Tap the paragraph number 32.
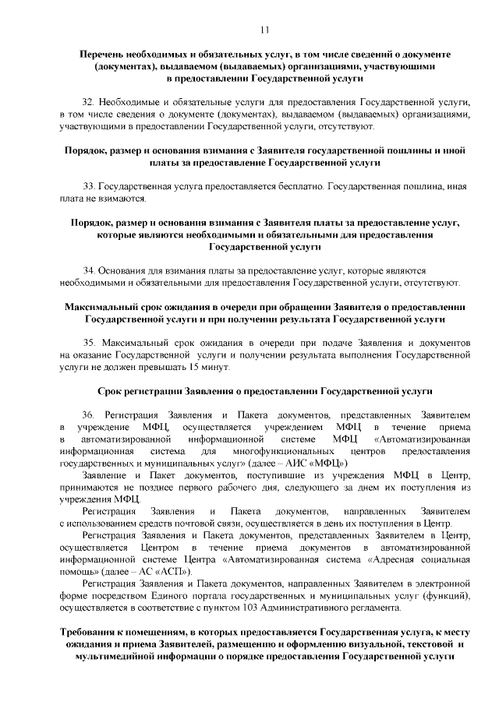pyautogui.click(x=87, y=103)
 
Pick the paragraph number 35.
pyautogui.click(x=87, y=341)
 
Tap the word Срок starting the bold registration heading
pyautogui.click(x=112, y=389)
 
